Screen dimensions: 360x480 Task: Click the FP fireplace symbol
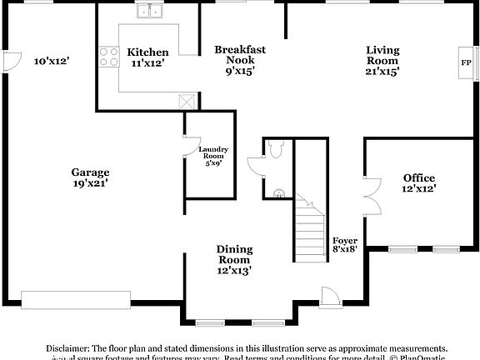pos(465,62)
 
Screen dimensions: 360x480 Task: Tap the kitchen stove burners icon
pos(108,57)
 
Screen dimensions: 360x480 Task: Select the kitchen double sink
pos(151,12)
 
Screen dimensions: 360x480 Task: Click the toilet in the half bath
pos(277,150)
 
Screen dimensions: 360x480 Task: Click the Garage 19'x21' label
pos(90,177)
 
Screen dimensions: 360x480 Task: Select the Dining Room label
pos(234,259)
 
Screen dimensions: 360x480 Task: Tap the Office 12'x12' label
pos(418,182)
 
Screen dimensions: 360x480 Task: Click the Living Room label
pos(382,60)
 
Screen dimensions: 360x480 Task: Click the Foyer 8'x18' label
pos(345,243)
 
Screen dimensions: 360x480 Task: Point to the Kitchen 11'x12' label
pos(147,57)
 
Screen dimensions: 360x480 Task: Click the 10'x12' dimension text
pos(51,61)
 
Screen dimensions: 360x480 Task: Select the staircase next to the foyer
pos(308,225)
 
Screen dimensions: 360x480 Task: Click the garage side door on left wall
pos(11,61)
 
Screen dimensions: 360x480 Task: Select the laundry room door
pos(187,148)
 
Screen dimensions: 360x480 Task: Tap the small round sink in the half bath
pos(277,193)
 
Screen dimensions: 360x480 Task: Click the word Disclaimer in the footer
pos(72,348)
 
